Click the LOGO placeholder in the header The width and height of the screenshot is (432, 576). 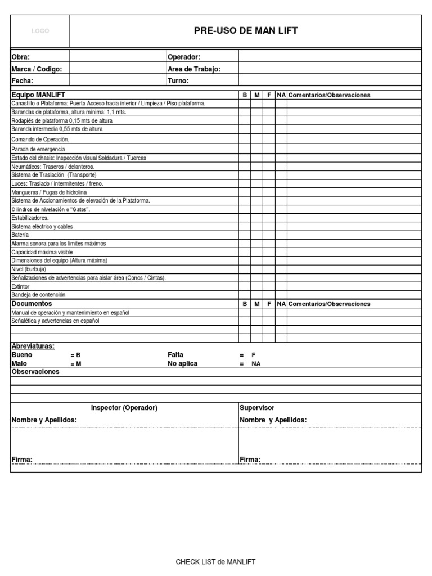click(40, 31)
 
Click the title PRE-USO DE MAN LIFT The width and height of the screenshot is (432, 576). click(246, 31)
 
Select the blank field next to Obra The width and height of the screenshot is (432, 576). click(117, 57)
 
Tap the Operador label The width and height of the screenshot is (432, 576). click(184, 57)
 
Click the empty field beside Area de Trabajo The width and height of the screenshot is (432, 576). click(330, 69)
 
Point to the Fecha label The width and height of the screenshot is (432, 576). click(23, 80)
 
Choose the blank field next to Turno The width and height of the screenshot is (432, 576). click(330, 80)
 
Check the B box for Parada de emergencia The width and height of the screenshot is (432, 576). click(245, 149)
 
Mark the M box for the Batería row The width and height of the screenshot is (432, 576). click(256, 235)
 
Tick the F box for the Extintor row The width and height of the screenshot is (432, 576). click(269, 286)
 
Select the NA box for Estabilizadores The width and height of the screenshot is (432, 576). click(281, 218)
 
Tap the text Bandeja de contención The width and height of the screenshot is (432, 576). click(38, 294)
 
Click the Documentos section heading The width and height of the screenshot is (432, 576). click(31, 303)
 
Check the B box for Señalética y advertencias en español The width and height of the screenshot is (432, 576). click(245, 321)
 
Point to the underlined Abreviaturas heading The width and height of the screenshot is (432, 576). click(33, 346)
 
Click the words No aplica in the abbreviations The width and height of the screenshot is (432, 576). click(183, 363)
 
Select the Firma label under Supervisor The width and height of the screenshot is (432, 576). click(250, 460)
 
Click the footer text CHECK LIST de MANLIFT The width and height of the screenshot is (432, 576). click(216, 561)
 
